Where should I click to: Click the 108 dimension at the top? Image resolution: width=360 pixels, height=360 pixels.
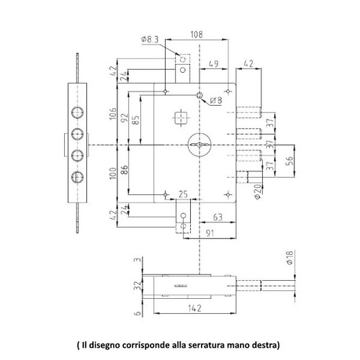tap(197, 35)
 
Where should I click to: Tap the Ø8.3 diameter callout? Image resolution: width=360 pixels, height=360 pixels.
tap(150, 40)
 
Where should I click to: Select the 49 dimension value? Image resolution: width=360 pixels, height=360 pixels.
tap(213, 64)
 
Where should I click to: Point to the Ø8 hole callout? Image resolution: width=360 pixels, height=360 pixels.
tap(216, 100)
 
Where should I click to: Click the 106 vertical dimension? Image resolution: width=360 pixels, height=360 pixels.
tap(112, 114)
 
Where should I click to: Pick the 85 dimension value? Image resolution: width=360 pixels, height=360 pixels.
tap(135, 120)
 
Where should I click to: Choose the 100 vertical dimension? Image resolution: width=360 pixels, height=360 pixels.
tap(112, 173)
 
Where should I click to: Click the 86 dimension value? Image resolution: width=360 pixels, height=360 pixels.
tap(124, 169)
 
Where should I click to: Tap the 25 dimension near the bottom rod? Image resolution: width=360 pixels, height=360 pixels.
tap(183, 194)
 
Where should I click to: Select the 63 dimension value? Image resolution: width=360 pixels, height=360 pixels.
tap(217, 217)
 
